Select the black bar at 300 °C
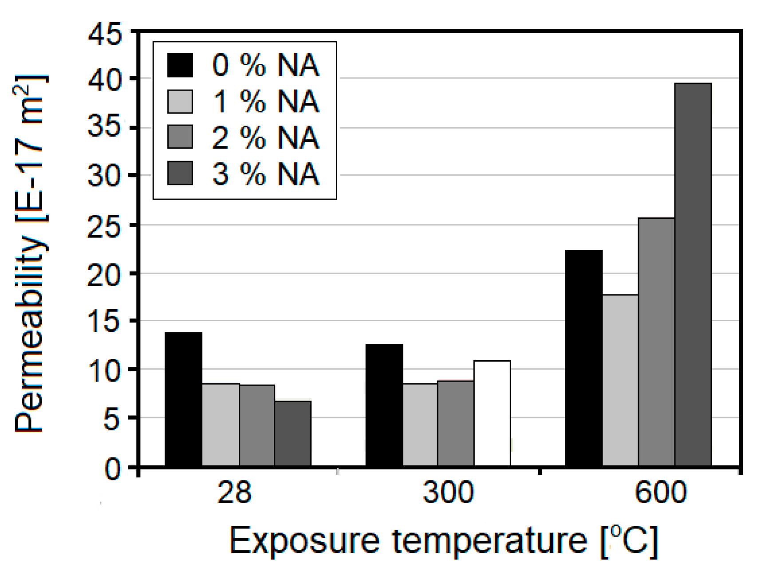pos(384,405)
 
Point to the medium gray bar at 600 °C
pos(656,342)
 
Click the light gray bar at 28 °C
pos(221,424)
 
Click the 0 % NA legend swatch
pos(180,65)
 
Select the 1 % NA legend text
pos(265,102)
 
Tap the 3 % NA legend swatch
pos(180,173)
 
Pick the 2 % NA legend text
pos(265,138)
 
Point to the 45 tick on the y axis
pos(105,34)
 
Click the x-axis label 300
pos(448,492)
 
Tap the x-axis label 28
pos(234,492)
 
